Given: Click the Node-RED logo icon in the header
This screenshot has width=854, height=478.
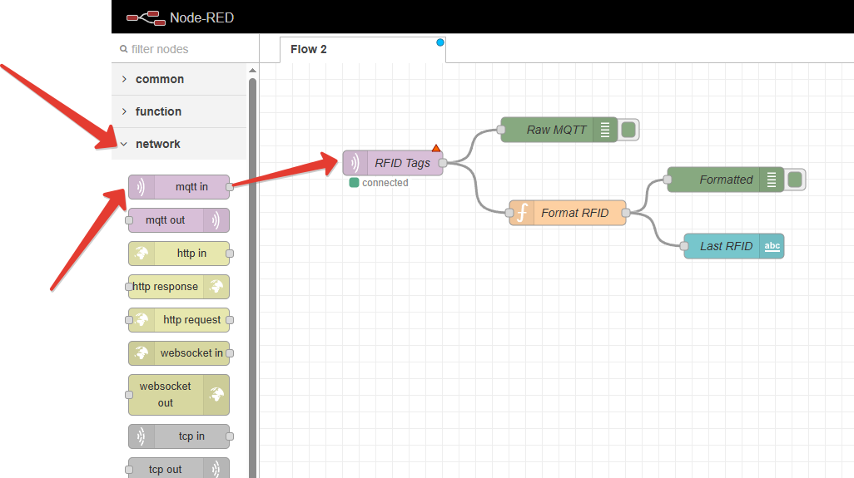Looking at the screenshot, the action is pos(146,18).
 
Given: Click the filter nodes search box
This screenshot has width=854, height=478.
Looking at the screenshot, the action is pos(185,49).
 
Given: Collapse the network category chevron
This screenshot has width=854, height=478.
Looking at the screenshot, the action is pos(124,144).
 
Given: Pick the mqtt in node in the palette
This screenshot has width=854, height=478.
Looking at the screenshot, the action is pos(179,187).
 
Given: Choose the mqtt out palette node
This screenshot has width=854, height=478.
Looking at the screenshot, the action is pos(179,220).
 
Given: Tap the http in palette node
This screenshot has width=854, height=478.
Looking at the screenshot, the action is pos(179,254).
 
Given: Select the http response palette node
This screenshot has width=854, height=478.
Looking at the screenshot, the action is pos(179,287).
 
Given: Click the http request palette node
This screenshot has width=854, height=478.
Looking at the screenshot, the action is pos(179,320).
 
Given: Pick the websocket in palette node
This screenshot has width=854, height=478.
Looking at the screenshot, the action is pos(179,353).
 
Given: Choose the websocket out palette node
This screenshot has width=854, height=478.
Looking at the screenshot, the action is pos(179,395).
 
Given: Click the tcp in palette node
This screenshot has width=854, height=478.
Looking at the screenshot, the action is pos(179,436).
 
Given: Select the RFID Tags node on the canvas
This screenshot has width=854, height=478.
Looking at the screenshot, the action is pos(393,163).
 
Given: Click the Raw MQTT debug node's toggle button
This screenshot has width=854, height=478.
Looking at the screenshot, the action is pos(628,130).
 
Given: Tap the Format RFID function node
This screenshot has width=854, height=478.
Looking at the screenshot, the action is pos(568,213).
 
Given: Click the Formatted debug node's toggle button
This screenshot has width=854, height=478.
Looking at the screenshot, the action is pos(795,180).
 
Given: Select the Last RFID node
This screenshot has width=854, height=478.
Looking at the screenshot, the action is pos(733,246).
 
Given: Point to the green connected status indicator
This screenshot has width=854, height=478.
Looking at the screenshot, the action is pos(354,183).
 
